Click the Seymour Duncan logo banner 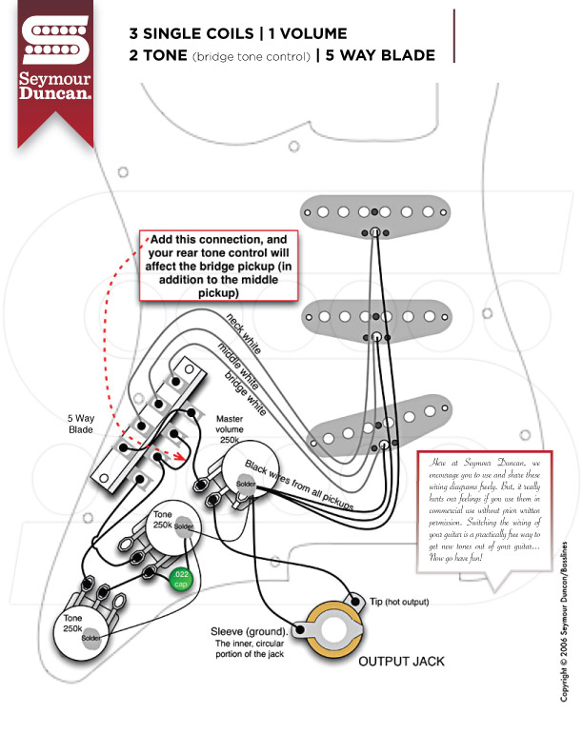point(56,71)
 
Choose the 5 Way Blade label point(81,424)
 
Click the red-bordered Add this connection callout point(220,266)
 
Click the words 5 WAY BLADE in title point(380,54)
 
